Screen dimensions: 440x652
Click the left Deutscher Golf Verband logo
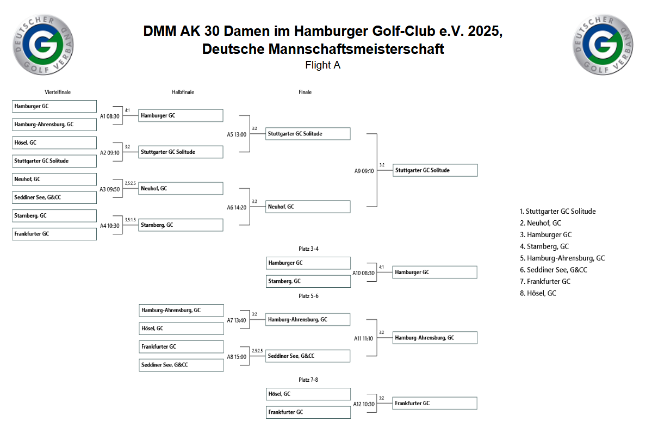point(44,44)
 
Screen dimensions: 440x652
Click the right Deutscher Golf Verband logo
point(604,44)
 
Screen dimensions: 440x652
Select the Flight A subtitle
point(323,65)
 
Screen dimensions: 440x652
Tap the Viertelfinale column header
point(58,92)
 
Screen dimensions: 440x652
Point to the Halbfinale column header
point(183,92)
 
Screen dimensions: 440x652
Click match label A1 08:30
point(110,116)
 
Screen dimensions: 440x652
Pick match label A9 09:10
point(364,171)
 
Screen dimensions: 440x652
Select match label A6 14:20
point(237,207)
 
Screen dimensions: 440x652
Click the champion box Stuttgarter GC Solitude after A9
point(435,170)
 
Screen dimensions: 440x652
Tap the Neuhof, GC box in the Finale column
point(308,207)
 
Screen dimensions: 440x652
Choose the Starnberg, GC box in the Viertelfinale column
point(54,216)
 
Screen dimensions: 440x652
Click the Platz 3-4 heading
point(308,249)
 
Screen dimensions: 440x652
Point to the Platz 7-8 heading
point(308,380)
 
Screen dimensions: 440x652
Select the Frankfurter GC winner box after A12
point(435,403)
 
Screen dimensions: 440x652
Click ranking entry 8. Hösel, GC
point(538,293)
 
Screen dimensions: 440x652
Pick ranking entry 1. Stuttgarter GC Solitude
point(557,212)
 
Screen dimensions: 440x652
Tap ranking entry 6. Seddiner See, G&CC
point(553,270)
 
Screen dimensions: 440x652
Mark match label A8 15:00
point(237,357)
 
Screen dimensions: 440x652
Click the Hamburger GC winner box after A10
point(435,272)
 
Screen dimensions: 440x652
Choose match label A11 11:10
point(364,338)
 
